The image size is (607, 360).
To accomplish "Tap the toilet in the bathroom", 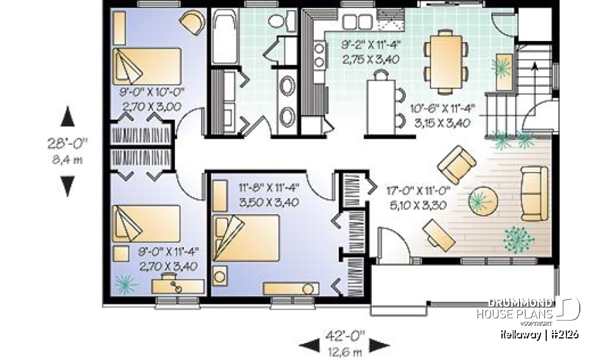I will (276, 21).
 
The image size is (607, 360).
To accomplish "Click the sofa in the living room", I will (534, 193).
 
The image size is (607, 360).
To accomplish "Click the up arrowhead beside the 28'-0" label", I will (68, 117).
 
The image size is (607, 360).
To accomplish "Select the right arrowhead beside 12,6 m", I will (380, 345).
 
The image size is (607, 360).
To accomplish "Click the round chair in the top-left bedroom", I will (192, 23).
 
